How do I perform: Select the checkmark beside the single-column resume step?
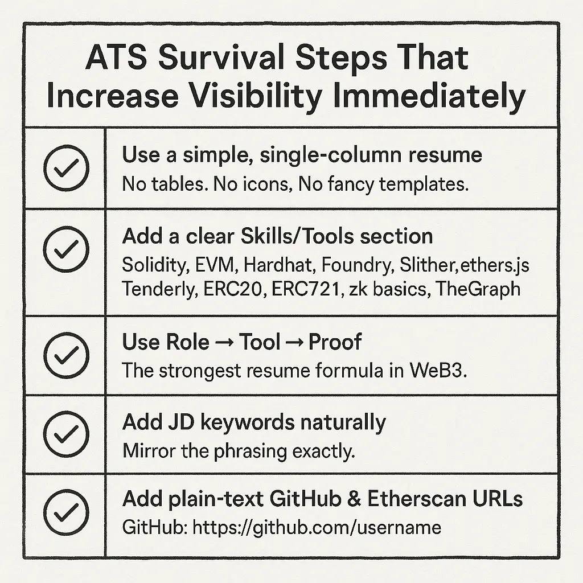click(x=66, y=168)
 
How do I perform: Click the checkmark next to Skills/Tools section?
click(x=66, y=249)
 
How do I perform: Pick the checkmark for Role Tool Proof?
click(x=66, y=355)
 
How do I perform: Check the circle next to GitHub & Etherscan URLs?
click(x=66, y=513)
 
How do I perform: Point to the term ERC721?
click(x=306, y=289)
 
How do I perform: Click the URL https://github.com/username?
click(x=317, y=528)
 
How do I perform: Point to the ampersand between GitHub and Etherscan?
click(x=354, y=499)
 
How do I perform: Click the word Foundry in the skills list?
click(x=358, y=265)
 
